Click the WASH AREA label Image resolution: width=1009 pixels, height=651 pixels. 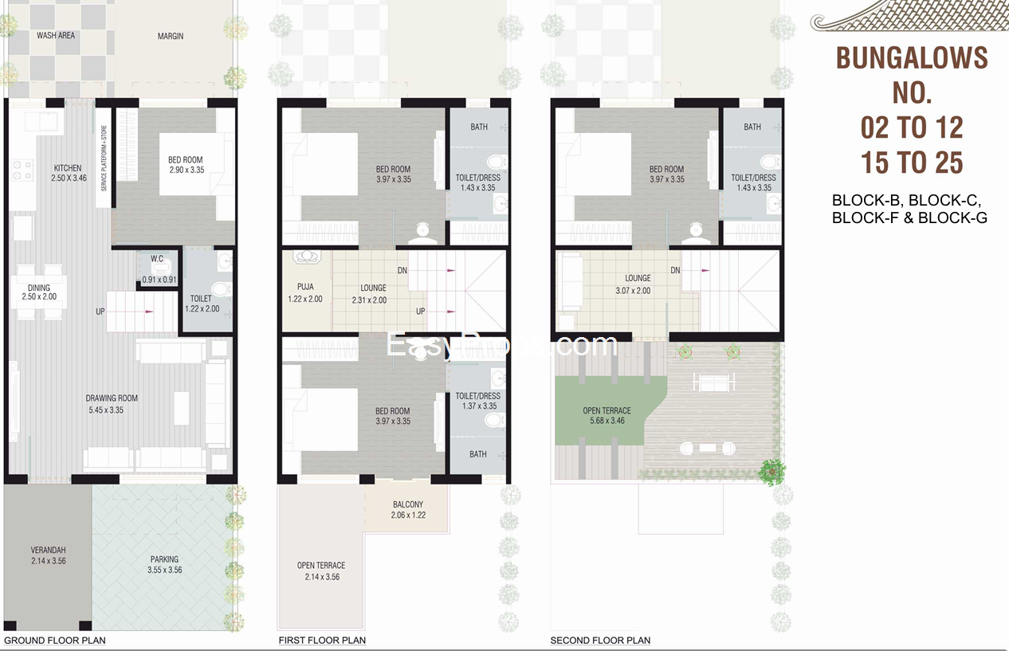click(56, 35)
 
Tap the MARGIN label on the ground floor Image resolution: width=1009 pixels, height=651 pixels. click(171, 36)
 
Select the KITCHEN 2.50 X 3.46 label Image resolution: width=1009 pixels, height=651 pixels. click(69, 173)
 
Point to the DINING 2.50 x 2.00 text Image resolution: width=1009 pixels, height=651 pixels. click(39, 292)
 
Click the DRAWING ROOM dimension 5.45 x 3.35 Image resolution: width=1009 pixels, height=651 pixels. click(106, 410)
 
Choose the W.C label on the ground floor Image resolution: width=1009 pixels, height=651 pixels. click(157, 259)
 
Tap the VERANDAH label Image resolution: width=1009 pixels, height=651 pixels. click(48, 550)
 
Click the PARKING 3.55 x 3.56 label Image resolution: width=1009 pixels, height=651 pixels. click(164, 565)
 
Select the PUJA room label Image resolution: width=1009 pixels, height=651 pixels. click(305, 287)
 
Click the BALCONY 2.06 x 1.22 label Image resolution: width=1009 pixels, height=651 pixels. click(408, 510)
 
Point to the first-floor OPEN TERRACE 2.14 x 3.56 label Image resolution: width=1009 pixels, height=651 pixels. click(321, 571)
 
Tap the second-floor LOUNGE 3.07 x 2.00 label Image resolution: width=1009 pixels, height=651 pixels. click(634, 284)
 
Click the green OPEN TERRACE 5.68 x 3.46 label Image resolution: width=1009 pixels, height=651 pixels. click(607, 416)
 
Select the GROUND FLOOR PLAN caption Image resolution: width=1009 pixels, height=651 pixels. click(55, 640)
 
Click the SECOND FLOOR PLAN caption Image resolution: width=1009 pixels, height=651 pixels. click(600, 640)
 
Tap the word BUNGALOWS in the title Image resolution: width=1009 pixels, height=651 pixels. click(912, 58)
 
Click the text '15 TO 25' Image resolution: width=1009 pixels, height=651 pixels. click(912, 163)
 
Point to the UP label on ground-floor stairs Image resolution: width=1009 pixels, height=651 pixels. click(100, 312)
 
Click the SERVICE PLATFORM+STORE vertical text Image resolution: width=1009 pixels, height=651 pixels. click(104, 159)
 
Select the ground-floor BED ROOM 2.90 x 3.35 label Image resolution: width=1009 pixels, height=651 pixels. click(186, 165)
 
